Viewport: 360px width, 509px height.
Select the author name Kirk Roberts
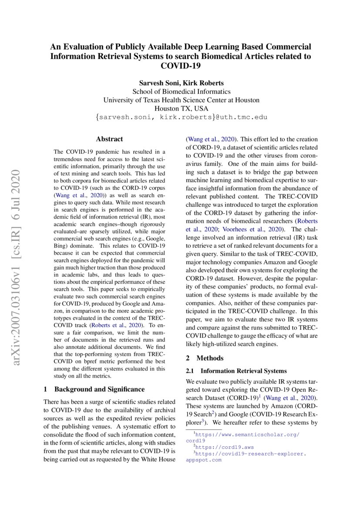[202, 83]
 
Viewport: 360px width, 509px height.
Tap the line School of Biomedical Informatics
[181, 91]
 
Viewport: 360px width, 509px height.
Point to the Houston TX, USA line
[181, 108]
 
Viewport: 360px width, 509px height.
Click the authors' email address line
[181, 117]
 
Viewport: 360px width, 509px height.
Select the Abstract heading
[109, 139]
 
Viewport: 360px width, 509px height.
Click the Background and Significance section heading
[99, 389]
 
